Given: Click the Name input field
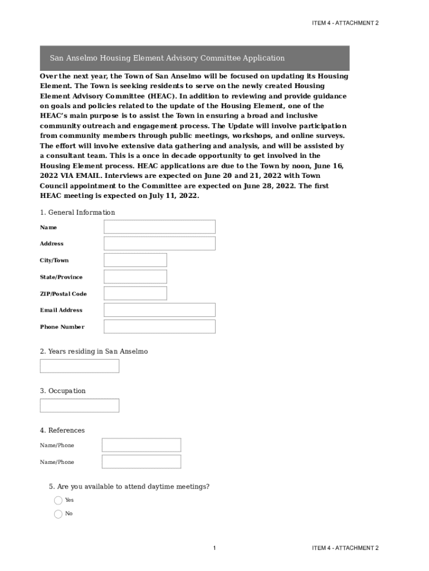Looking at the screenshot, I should (x=159, y=227).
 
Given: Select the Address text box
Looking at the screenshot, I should (x=159, y=244).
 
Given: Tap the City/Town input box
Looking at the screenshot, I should (x=135, y=260).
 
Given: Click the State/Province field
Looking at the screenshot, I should (x=135, y=277).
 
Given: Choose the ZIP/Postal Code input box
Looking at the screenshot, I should (x=135, y=293).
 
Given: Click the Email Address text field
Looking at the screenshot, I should (x=159, y=310).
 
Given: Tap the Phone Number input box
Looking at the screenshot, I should (x=159, y=327).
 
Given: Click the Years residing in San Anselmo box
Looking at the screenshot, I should (x=80, y=366).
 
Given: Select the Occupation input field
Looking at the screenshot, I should (x=80, y=405).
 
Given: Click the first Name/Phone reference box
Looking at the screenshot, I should (x=142, y=445).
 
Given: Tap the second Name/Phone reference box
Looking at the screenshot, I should (x=142, y=462).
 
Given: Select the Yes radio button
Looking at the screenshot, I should (x=58, y=501).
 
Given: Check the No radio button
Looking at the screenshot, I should (x=58, y=514).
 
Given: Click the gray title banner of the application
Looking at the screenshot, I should (x=194, y=58).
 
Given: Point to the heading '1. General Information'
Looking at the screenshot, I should (x=77, y=212).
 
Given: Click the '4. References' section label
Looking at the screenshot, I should (x=62, y=430).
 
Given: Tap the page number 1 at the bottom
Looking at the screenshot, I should (x=214, y=549).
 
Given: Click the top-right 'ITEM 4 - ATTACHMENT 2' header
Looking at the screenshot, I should (x=345, y=23).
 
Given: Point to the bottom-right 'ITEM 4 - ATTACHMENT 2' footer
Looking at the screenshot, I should (x=345, y=549).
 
